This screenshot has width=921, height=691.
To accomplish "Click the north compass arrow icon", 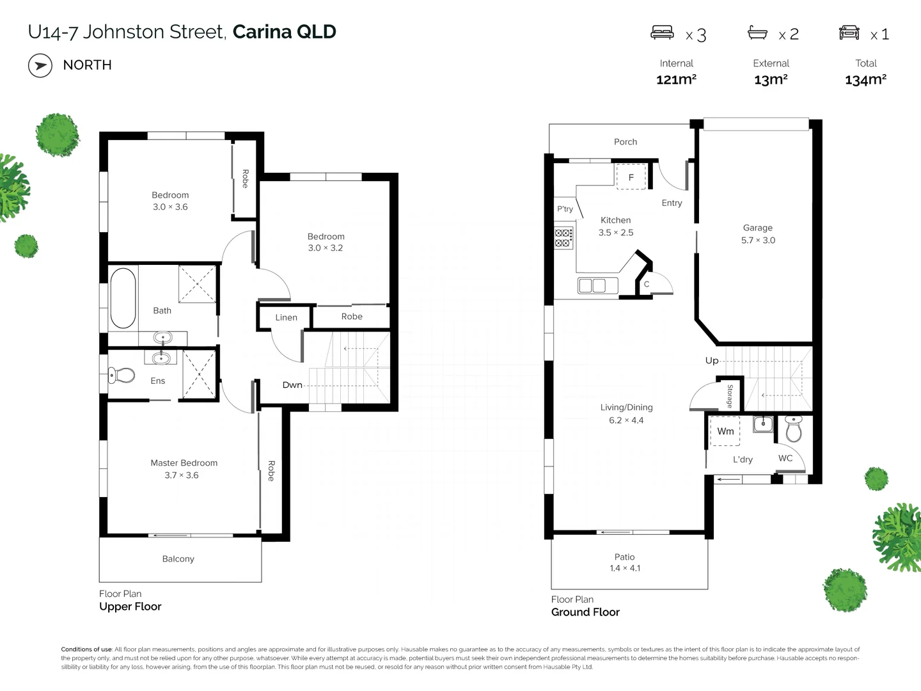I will (x=40, y=65).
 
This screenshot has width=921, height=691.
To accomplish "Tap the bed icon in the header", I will (x=662, y=33).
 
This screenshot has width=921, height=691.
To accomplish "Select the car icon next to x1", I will (x=849, y=33).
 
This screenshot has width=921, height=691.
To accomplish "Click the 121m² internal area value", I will (x=676, y=79).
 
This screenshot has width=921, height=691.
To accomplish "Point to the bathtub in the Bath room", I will (x=123, y=298).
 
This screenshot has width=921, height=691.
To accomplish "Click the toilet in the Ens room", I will (x=122, y=375).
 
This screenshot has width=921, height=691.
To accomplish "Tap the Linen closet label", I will (x=286, y=317).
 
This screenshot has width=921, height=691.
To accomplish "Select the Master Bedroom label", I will (x=184, y=463).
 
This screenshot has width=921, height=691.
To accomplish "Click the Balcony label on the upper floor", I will (x=178, y=559).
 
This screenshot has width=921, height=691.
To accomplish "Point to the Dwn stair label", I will (x=292, y=385).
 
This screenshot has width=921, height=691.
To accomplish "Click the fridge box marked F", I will (x=631, y=177).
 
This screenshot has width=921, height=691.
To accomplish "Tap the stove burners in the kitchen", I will (x=563, y=238).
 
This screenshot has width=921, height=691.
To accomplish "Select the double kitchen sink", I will (x=592, y=285).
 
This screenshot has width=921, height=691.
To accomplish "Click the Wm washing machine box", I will (x=725, y=431).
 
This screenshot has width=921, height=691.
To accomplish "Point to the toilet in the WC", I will (x=793, y=429).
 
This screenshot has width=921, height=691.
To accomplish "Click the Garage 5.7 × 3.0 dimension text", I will (x=758, y=240).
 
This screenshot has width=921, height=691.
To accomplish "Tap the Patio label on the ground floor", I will (x=624, y=557).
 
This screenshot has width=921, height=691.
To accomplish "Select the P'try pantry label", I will (x=565, y=209).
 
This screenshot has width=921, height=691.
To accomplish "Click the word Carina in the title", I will (x=262, y=32).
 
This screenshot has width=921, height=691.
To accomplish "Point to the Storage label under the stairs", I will (x=729, y=396).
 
